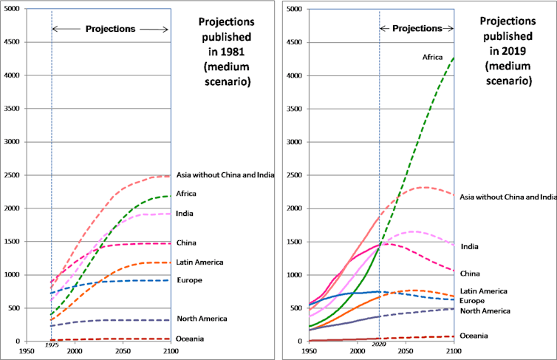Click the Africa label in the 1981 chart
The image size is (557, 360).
pyautogui.click(x=186, y=194)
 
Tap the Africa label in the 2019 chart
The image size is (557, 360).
pyautogui.click(x=432, y=56)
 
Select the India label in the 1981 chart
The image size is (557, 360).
pyautogui.click(x=185, y=214)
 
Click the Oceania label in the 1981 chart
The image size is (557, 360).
pyautogui.click(x=191, y=339)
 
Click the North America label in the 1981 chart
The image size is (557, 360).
pyautogui.click(x=202, y=319)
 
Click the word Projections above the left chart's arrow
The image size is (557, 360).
pyautogui.click(x=110, y=29)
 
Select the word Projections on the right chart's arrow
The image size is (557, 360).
pyautogui.click(x=417, y=29)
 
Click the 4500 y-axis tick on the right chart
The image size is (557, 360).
pyautogui.click(x=294, y=42)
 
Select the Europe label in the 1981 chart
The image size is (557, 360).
pyautogui.click(x=189, y=280)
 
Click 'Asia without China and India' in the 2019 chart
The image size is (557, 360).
pyautogui.click(x=508, y=197)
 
